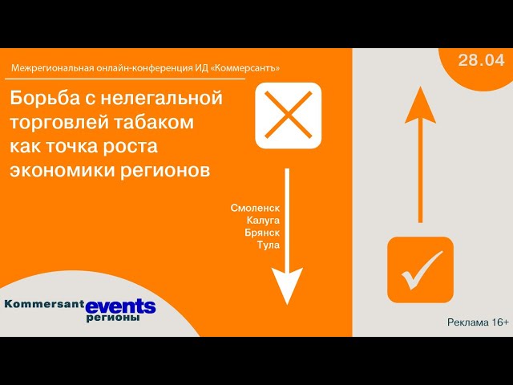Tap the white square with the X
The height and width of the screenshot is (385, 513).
[288, 115]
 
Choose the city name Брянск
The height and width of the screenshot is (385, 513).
[262, 233]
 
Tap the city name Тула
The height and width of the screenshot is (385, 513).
[268, 245]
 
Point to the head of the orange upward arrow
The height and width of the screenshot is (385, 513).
[419, 104]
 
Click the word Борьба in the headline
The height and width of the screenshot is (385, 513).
[41, 99]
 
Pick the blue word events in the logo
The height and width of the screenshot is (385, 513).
[120, 306]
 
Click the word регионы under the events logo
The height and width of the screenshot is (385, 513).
[113, 318]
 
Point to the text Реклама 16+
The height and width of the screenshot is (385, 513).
[478, 322]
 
